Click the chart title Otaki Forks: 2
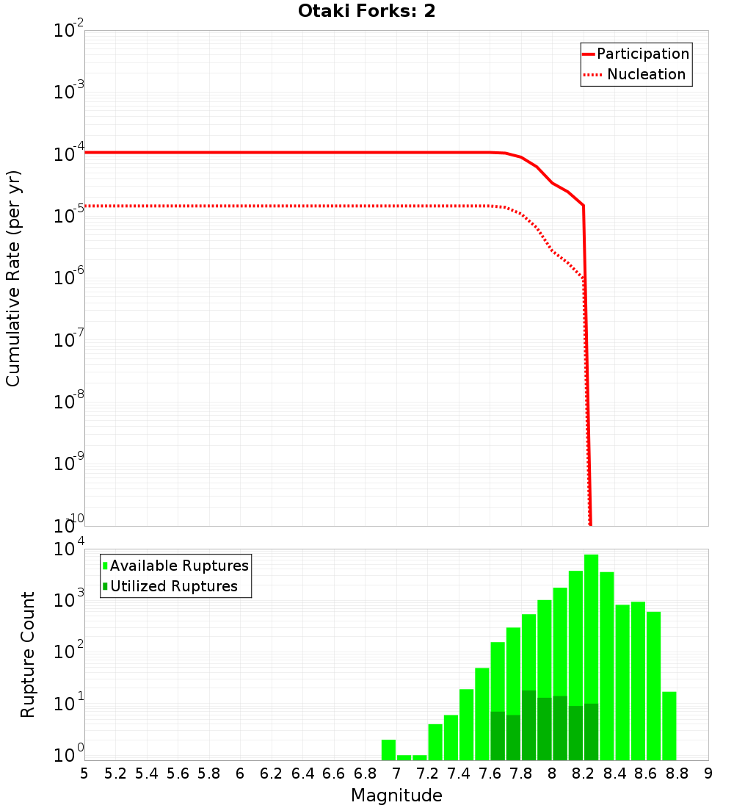[x=366, y=12]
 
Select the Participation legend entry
[x=643, y=54]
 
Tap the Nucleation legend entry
[x=646, y=74]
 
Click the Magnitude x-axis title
[x=396, y=796]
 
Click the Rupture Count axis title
[x=28, y=654]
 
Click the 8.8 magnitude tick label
[x=677, y=773]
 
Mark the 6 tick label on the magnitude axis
[x=240, y=773]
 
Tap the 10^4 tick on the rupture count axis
[x=69, y=549]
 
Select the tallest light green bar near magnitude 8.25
[x=592, y=624]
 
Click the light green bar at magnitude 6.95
[x=388, y=750]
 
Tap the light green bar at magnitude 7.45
[x=466, y=724]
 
